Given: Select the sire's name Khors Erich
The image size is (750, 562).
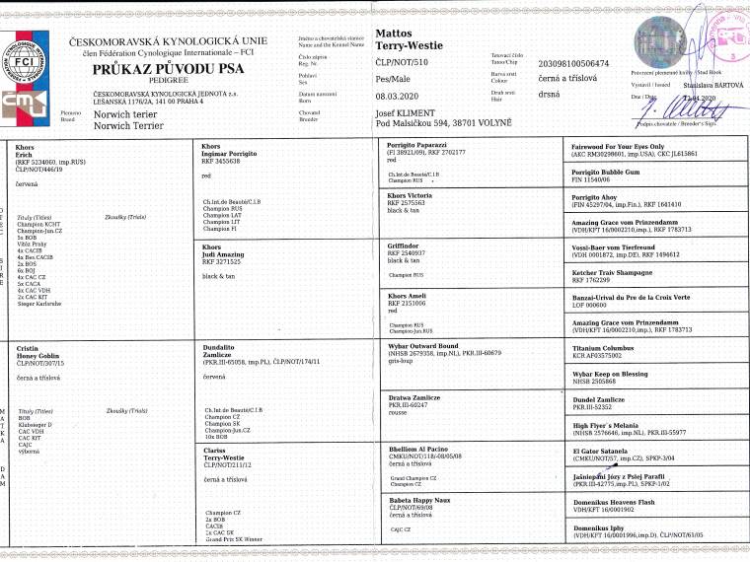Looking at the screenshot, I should [x=26, y=152].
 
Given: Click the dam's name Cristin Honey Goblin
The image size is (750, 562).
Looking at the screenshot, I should [x=37, y=353].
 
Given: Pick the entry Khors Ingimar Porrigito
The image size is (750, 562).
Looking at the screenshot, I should [x=230, y=152].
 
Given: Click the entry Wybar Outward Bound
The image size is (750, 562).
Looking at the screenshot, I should [x=424, y=347].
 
